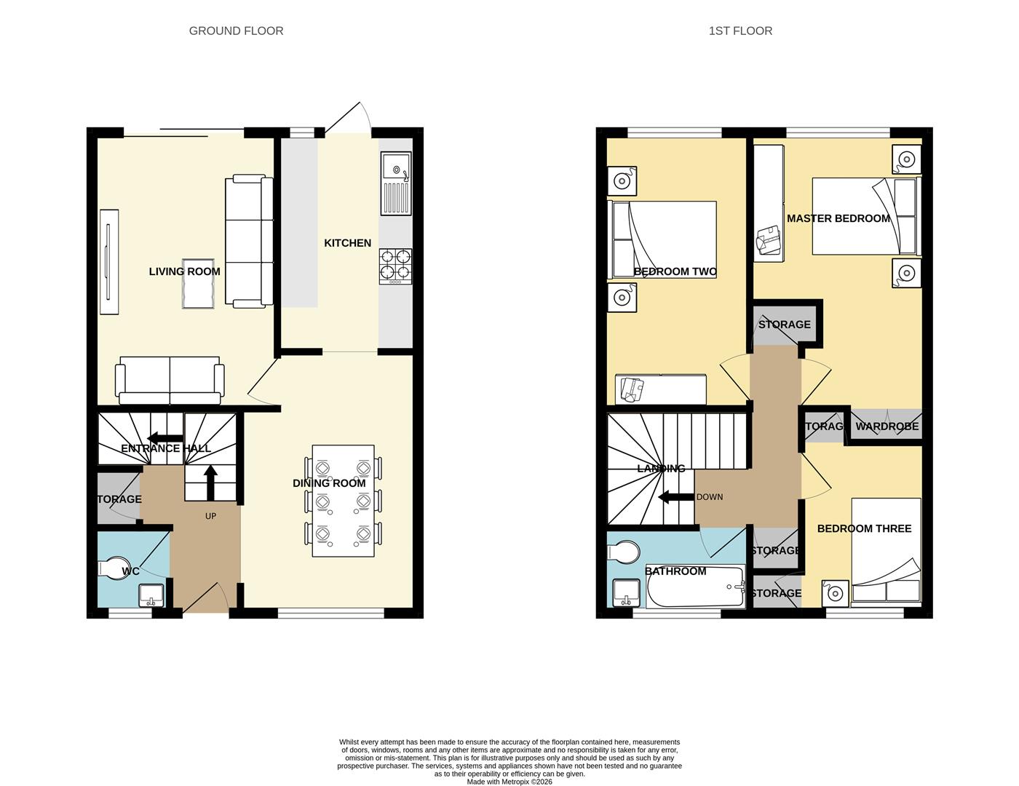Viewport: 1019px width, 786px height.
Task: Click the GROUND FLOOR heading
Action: pos(236,31)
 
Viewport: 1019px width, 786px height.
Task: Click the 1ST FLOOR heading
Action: pos(740,31)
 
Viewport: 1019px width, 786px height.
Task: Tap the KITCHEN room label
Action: pos(347,243)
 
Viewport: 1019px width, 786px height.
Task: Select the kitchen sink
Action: pos(395,183)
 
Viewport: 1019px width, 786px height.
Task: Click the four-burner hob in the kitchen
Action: pos(395,266)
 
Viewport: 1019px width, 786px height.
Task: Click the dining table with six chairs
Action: pos(344,501)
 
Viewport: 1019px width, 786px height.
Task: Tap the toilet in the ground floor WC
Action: pos(111,569)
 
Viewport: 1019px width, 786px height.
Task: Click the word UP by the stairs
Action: pos(210,516)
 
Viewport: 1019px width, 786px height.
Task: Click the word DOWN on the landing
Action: pos(710,497)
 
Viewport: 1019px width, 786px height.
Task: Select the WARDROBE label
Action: pos(887,426)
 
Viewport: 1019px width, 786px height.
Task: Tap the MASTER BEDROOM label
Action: pos(838,218)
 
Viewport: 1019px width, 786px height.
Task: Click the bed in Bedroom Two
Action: pos(662,240)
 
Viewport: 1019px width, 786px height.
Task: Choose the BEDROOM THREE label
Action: pos(864,528)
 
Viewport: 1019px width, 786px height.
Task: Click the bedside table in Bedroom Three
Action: pos(835,593)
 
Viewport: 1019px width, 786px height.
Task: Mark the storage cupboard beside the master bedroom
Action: pos(784,324)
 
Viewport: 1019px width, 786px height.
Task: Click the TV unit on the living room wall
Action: pos(108,262)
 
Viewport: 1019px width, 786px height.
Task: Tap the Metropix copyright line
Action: pos(509,782)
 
